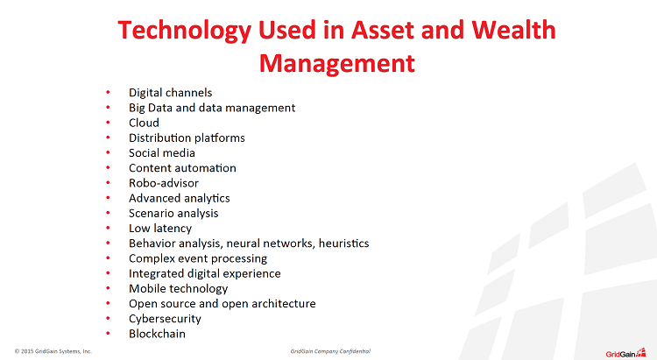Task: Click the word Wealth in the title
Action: (x=513, y=30)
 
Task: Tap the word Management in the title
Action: (x=337, y=64)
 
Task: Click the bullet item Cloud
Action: (x=144, y=123)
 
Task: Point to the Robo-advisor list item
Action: (x=164, y=183)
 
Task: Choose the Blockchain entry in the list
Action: (x=157, y=334)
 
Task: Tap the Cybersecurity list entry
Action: (x=165, y=319)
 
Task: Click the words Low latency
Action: (x=160, y=229)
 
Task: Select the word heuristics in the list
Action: (x=343, y=244)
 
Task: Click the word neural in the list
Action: (x=243, y=244)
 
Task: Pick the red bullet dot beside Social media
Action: (x=108, y=152)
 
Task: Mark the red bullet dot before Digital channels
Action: (x=108, y=92)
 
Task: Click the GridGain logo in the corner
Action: (x=625, y=353)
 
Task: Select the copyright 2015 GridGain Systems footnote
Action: (x=53, y=351)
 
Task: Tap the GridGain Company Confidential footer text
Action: (x=330, y=351)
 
